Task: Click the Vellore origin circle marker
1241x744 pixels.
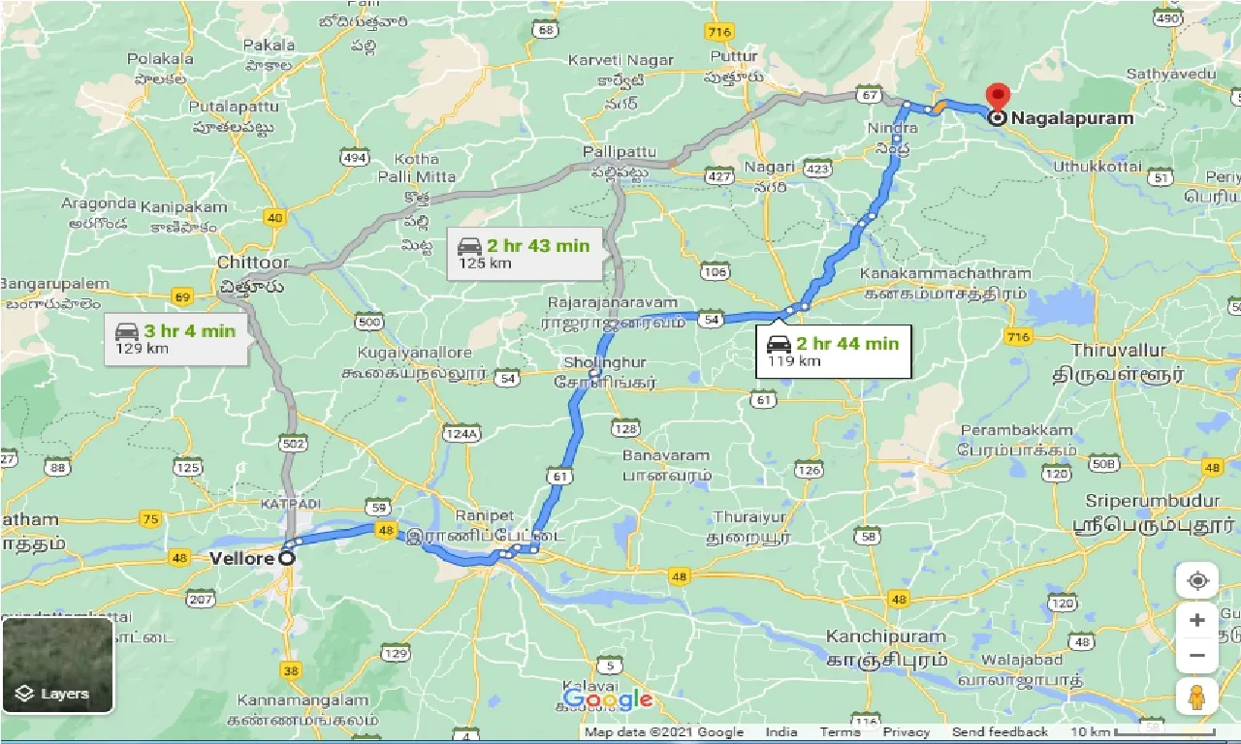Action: coord(286,558)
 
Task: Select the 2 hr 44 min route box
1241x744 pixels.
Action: coord(834,351)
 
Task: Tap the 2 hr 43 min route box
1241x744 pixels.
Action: coord(525,253)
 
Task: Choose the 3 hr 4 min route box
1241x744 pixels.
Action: coord(175,338)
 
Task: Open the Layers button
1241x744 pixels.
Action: coord(58,665)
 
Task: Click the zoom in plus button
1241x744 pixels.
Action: coord(1197,620)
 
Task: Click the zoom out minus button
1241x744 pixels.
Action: coord(1197,656)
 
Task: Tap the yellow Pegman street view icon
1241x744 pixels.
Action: coord(1197,697)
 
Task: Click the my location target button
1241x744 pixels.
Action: coord(1197,580)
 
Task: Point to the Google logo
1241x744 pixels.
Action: coord(608,698)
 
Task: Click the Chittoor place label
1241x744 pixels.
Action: coord(253,263)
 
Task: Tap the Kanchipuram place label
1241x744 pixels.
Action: coord(885,636)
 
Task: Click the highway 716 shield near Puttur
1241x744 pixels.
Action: coord(718,33)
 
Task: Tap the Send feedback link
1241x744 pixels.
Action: coord(1000,732)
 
